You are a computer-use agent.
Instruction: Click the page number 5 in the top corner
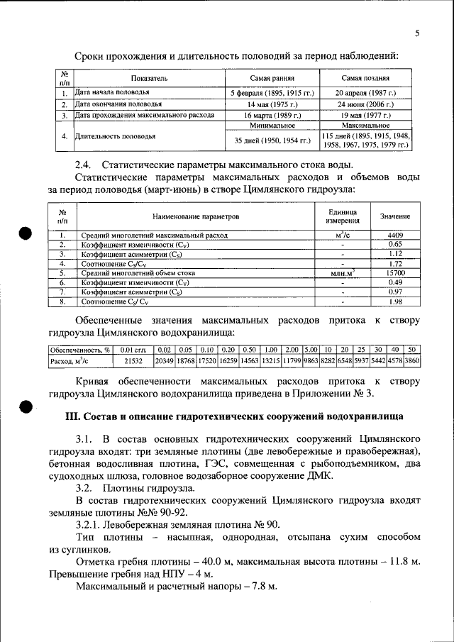coord(417,33)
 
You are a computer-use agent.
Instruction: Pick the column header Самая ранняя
coord(272,78)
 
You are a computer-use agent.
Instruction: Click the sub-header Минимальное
coord(272,125)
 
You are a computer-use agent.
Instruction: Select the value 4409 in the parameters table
coord(395,234)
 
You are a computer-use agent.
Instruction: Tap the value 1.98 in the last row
coord(395,301)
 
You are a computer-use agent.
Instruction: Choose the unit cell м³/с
coord(342,234)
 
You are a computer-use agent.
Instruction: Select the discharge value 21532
coord(133,361)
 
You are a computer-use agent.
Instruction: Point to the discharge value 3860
coord(412,361)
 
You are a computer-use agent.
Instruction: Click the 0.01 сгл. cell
coord(133,350)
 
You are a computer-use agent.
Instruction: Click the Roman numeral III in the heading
coord(74,415)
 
